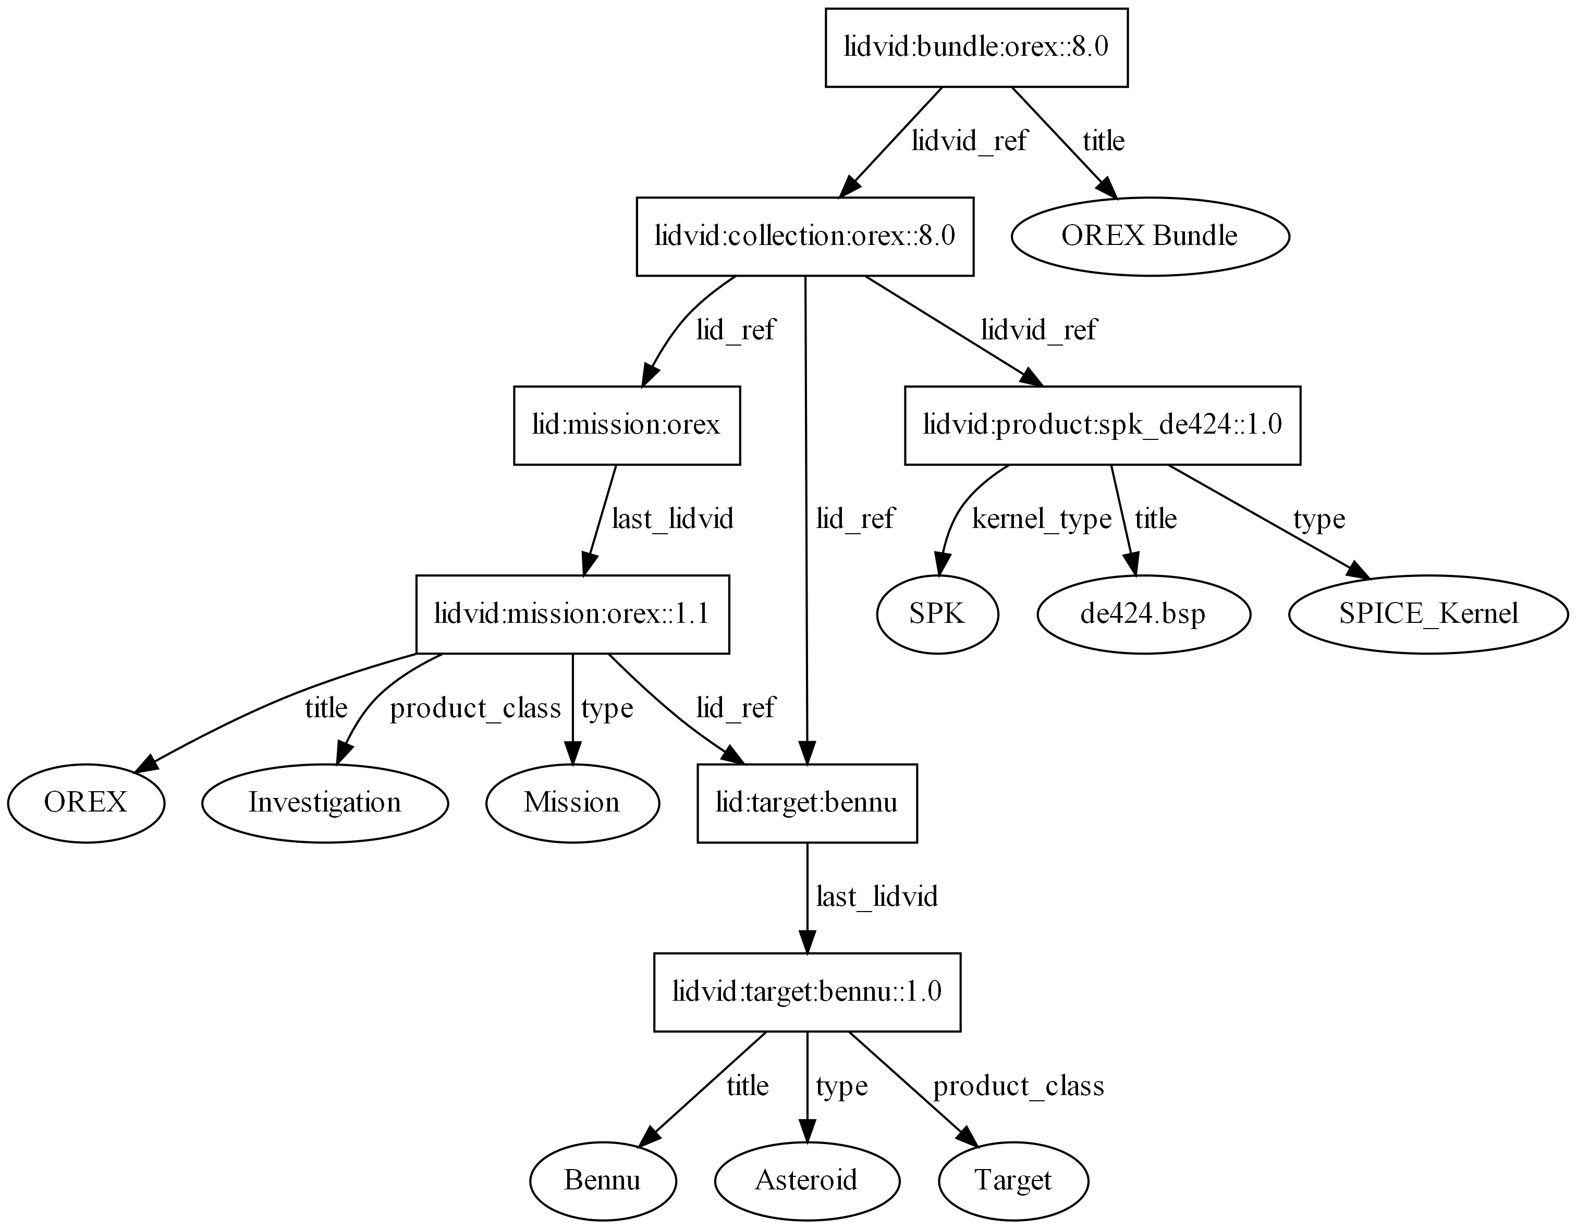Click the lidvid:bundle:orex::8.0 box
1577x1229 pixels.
pos(976,47)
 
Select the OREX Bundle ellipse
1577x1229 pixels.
pos(1150,236)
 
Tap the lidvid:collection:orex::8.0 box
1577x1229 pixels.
pos(805,236)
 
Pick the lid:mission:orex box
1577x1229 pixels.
pos(627,425)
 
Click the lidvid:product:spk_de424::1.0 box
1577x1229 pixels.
pos(1103,425)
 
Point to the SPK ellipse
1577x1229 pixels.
pos(937,614)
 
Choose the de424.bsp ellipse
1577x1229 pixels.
pos(1143,614)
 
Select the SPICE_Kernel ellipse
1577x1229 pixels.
pos(1428,614)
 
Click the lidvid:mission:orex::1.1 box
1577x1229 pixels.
pos(572,614)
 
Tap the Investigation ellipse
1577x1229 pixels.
pos(325,803)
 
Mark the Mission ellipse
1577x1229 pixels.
pos(572,803)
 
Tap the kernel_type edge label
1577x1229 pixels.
pos(1041,519)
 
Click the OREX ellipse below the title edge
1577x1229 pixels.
pos(86,803)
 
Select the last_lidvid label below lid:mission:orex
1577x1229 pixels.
pos(673,519)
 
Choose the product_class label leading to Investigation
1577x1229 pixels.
pos(475,709)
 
